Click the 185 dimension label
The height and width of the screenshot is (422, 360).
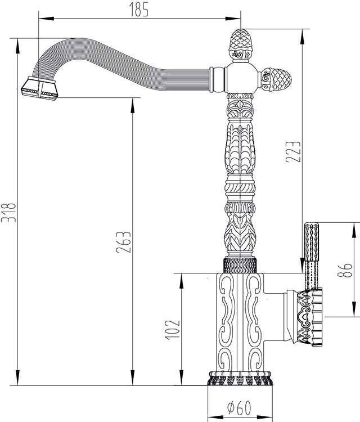(139, 10)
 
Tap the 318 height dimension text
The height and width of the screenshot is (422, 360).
(8, 212)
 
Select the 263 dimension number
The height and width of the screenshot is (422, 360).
(124, 242)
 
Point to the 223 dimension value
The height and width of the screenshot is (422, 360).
(293, 151)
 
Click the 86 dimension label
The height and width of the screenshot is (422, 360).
(345, 270)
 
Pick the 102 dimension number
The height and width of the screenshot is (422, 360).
(172, 330)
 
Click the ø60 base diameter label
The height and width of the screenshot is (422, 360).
(239, 408)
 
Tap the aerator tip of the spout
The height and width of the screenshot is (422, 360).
(39, 88)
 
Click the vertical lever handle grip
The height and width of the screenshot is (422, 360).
(312, 255)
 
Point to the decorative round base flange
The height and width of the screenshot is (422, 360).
(239, 378)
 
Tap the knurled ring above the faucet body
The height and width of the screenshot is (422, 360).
(240, 265)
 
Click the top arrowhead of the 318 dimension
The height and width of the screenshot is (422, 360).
(18, 47)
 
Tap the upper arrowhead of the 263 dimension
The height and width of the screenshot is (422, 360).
(132, 105)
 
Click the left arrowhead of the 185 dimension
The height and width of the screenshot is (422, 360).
(47, 19)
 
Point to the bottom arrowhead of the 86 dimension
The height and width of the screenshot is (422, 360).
(353, 309)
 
